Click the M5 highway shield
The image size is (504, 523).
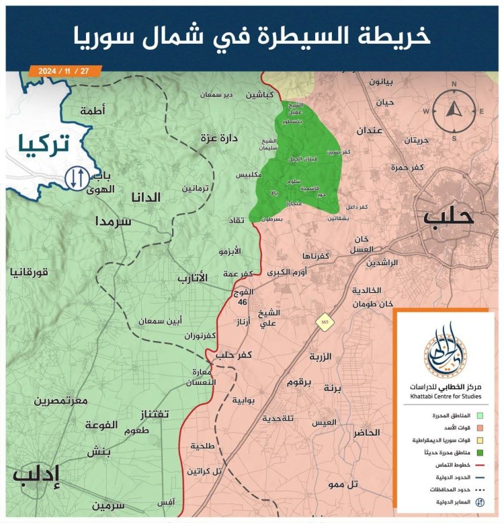325,322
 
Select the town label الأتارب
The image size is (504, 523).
193,277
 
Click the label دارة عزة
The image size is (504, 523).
220,138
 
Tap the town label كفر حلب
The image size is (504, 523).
234,354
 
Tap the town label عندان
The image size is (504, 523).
370,129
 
